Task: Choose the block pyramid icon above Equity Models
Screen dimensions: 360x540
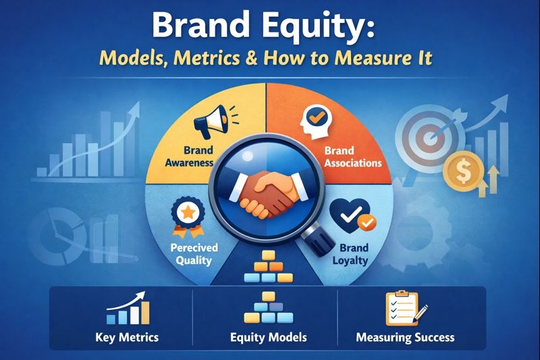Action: [269, 309]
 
